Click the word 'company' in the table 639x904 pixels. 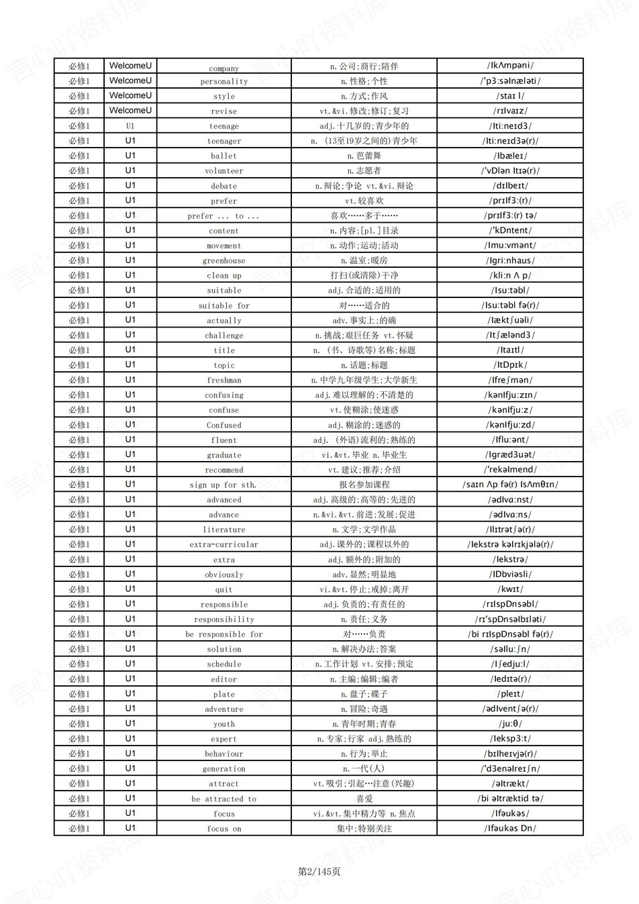coord(224,68)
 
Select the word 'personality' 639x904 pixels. coord(224,82)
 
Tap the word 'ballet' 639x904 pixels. coord(224,156)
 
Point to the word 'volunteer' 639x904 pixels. coord(224,171)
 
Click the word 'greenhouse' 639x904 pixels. coord(224,261)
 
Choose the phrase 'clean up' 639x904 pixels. coord(224,276)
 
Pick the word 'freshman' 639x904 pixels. coord(224,381)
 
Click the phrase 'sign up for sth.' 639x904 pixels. coord(223,485)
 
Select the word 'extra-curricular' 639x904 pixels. coord(224,545)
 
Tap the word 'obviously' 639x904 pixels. coord(224,575)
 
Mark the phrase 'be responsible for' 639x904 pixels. coord(224,635)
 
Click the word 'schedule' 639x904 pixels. coord(224,664)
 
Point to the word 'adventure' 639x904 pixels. coord(224,709)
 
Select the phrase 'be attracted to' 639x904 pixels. coord(224,799)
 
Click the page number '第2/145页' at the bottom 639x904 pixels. coord(319,871)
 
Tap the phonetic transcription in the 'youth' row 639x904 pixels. coord(510,724)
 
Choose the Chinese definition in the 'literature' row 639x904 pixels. coord(364,530)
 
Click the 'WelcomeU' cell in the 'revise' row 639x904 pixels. coord(130,111)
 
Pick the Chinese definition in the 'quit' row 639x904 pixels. coord(364,589)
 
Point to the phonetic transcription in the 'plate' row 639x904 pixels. coord(510,694)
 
